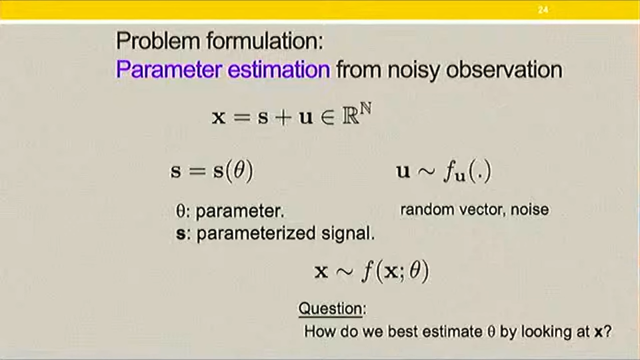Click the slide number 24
pos(543,9)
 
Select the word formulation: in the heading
pos(265,41)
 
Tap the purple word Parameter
pos(169,69)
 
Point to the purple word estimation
pos(279,69)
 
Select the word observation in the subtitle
pos(504,69)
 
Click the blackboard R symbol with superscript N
pos(357,113)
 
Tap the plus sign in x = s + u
pos(283,117)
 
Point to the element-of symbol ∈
pos(327,118)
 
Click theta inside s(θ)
pos(239,170)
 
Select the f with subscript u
pos(454,172)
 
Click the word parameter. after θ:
pos(239,212)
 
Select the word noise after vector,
pos(529,209)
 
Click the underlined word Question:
pos(332,309)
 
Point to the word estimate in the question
pos(452,331)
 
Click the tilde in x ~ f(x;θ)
pos(345,272)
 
